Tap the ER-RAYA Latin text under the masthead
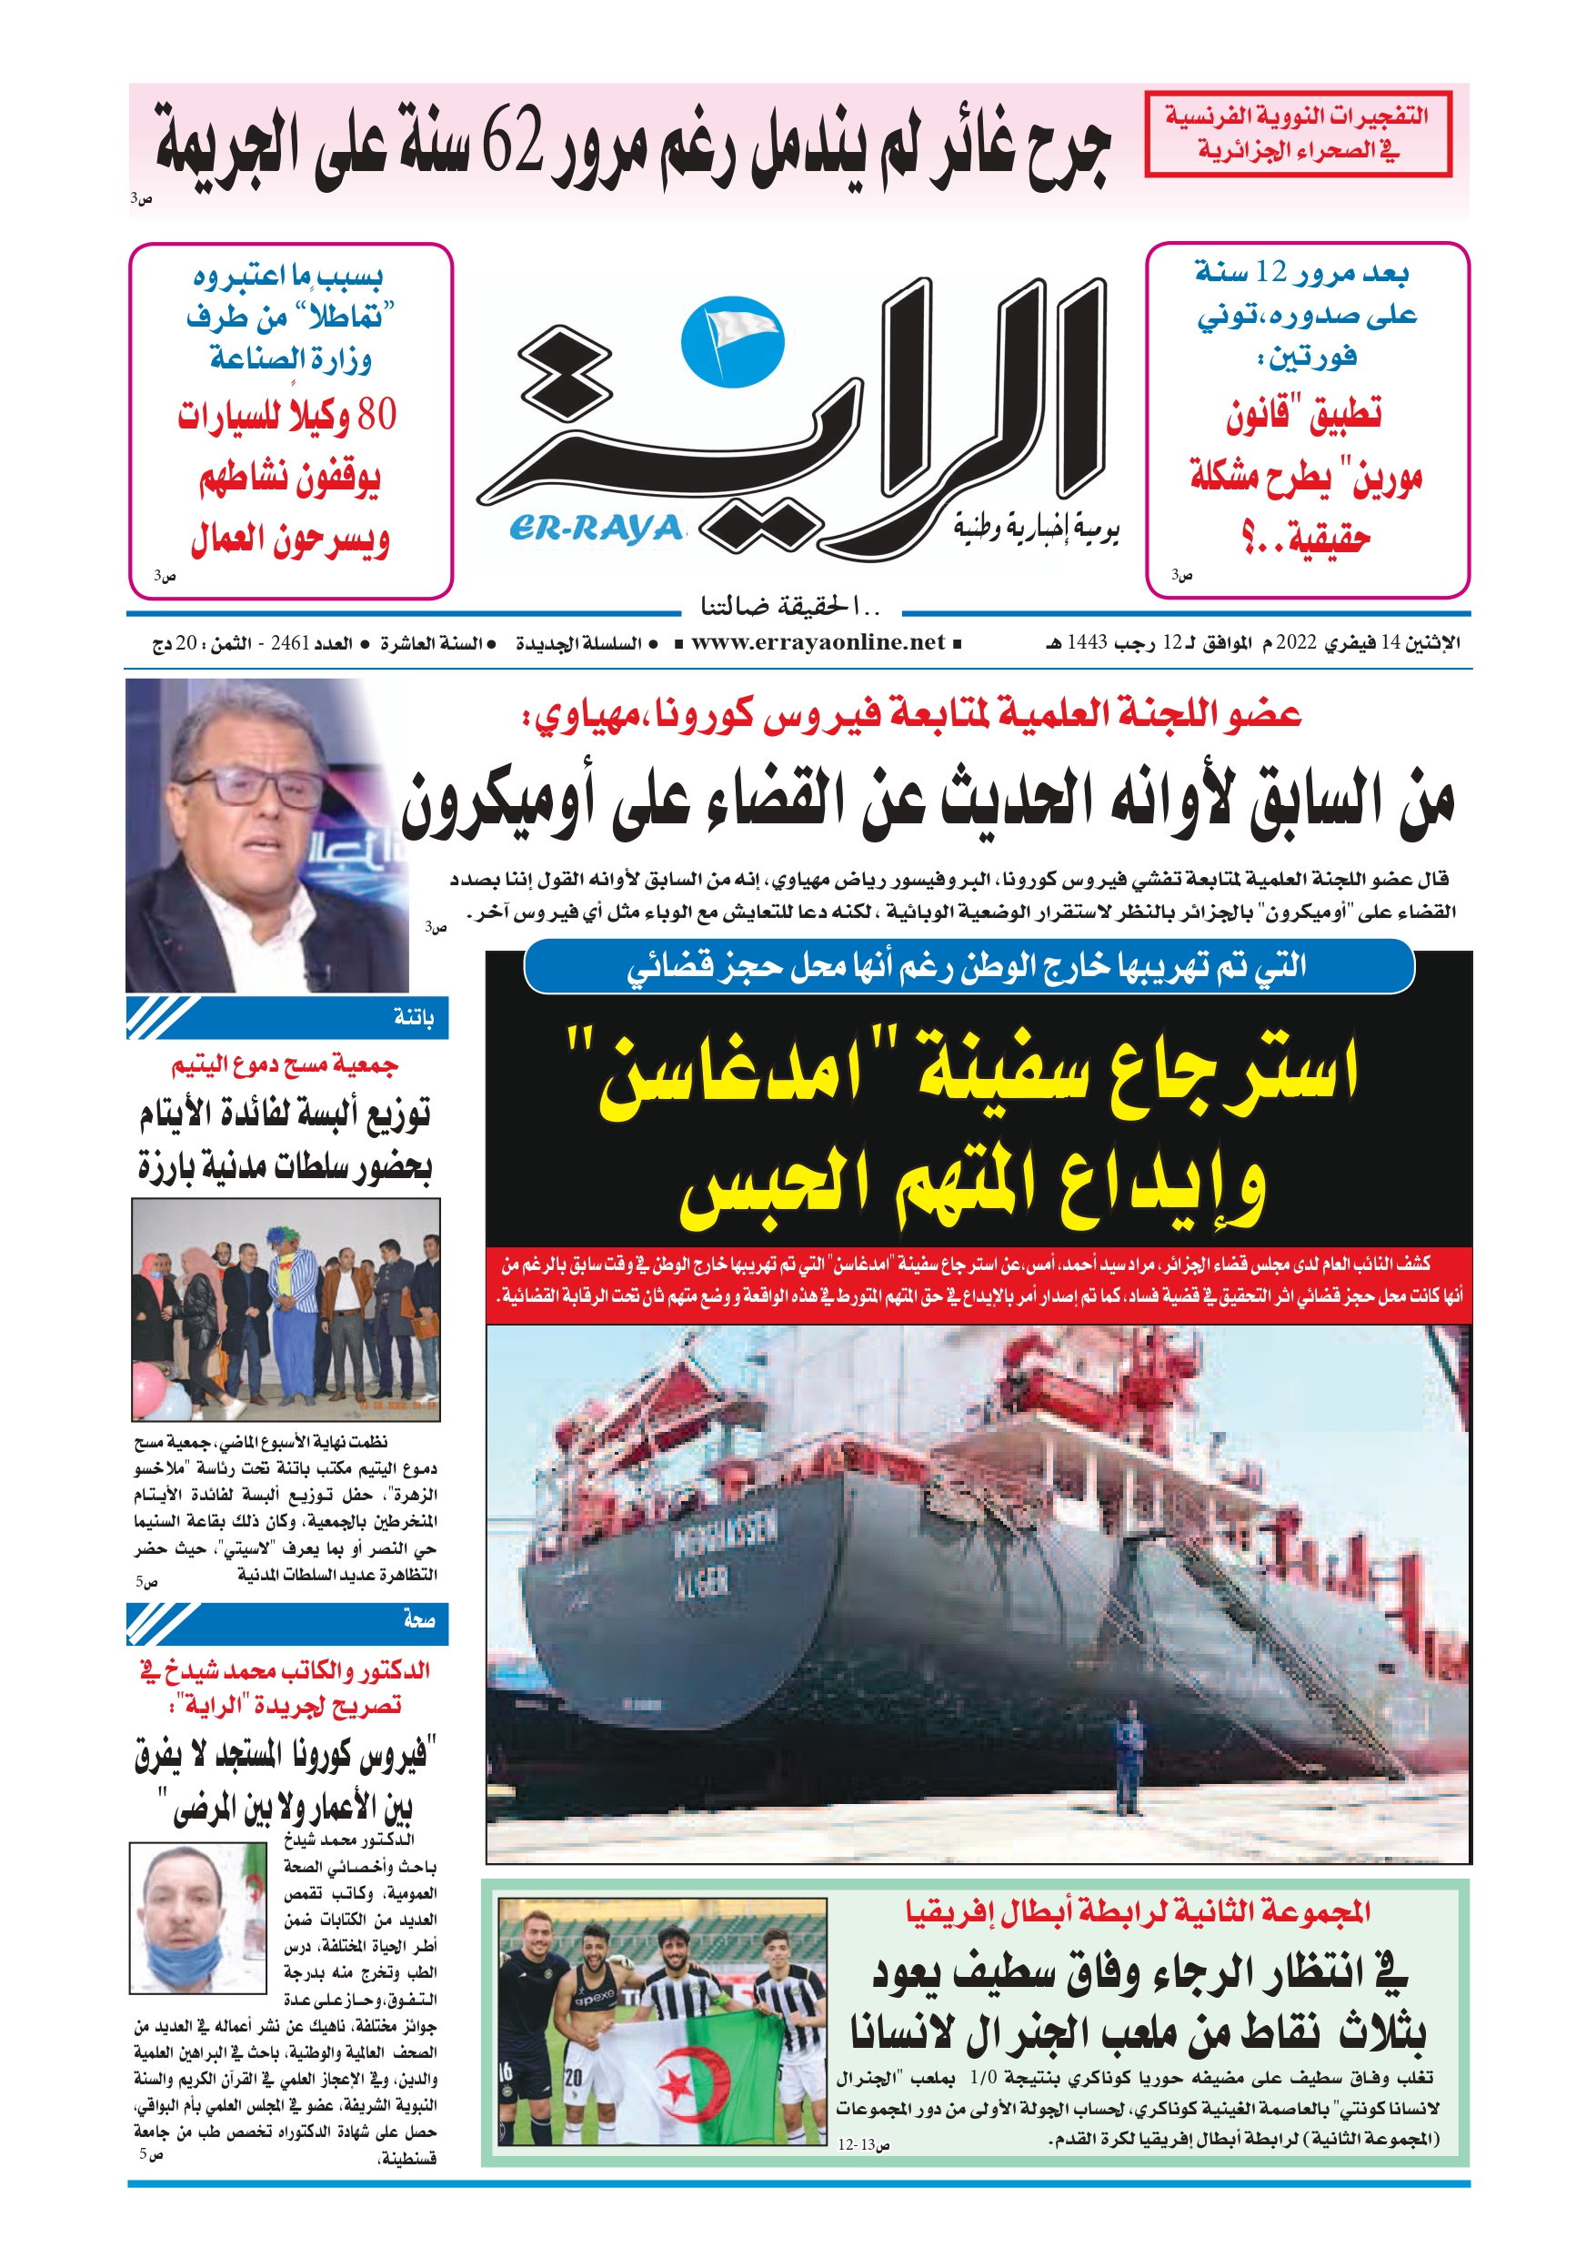click(596, 529)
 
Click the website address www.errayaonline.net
click(818, 643)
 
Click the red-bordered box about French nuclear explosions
click(1298, 134)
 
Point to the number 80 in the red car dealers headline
click(376, 414)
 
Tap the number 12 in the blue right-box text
click(1271, 272)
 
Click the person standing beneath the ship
click(1128, 1763)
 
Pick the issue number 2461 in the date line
click(290, 643)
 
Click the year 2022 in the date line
click(1295, 643)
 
